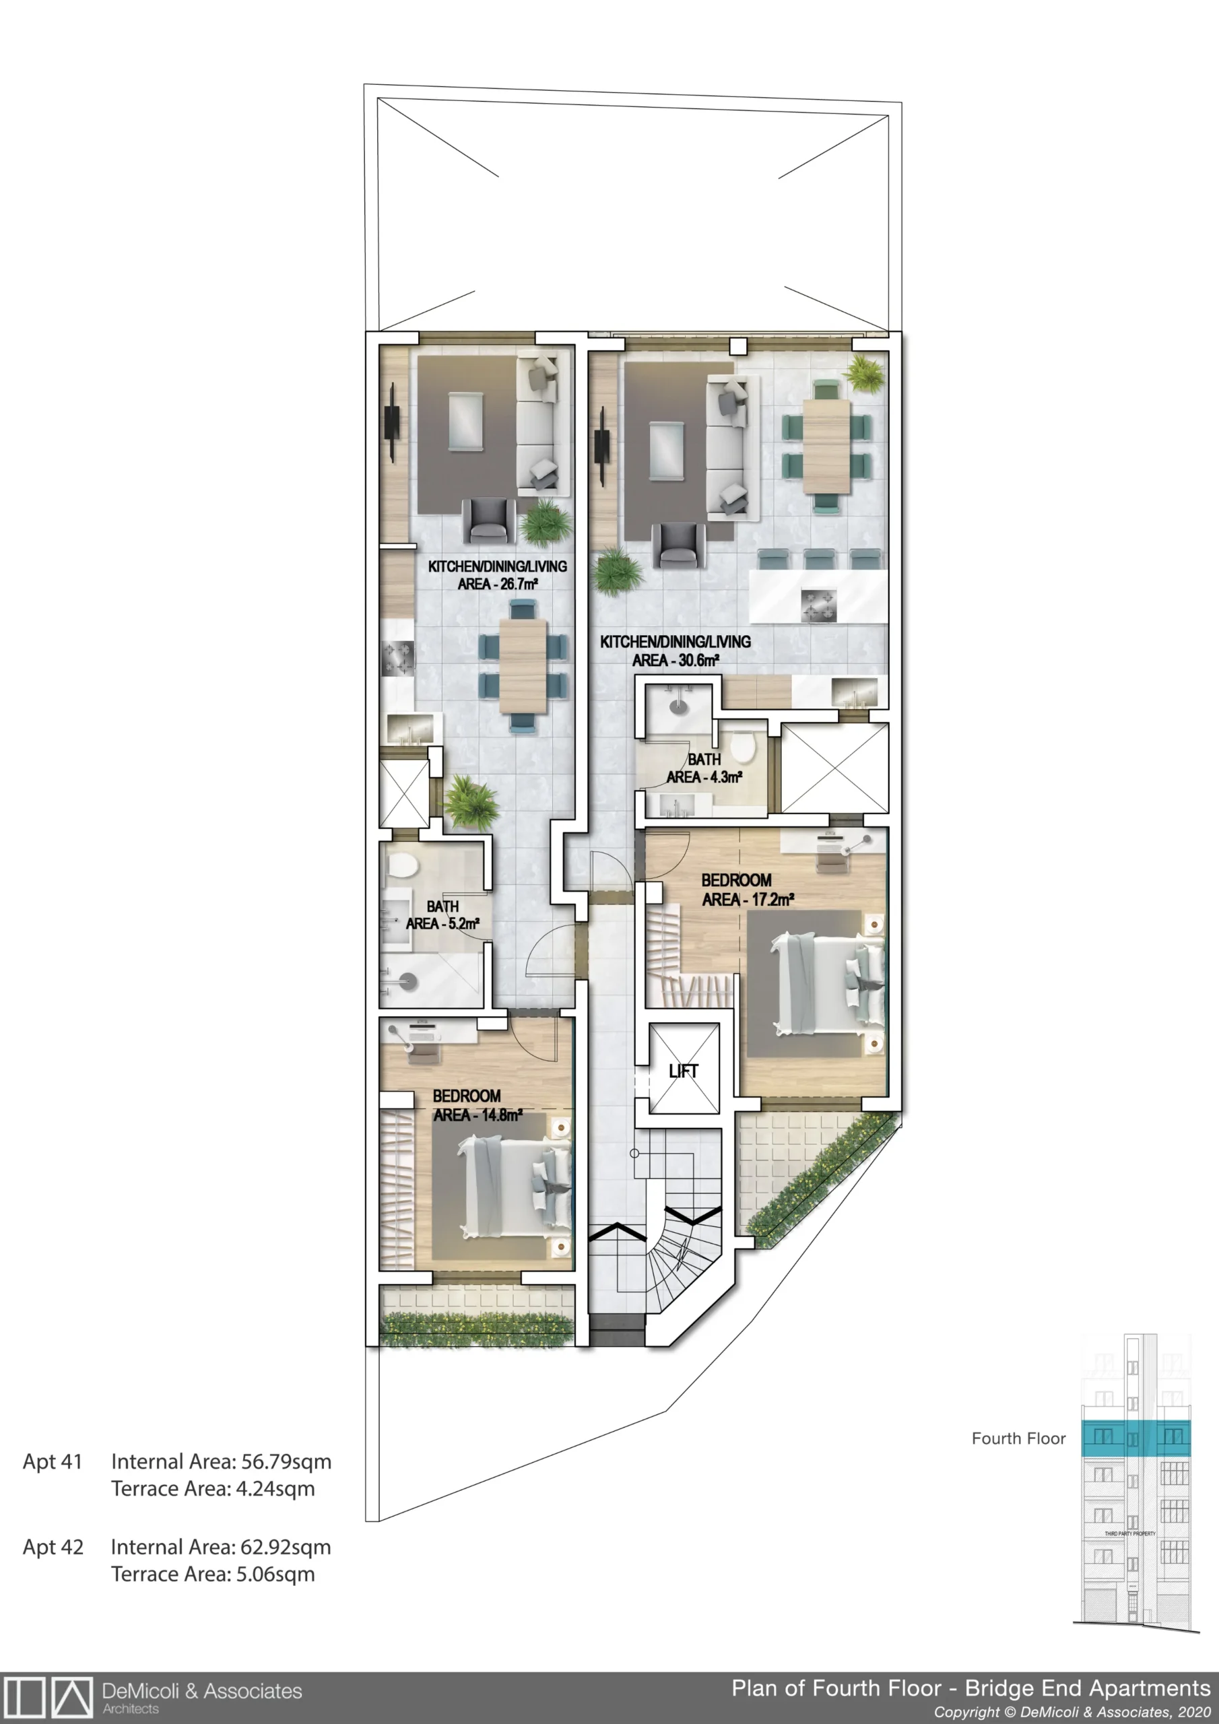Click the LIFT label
(x=684, y=1071)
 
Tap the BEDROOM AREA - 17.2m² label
(x=748, y=890)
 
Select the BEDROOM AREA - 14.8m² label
(x=477, y=1105)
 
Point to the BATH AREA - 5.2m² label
(x=442, y=915)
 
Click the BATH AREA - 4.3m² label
(x=704, y=768)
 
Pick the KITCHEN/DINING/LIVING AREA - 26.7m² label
(x=497, y=575)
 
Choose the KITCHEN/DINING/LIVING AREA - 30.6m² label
(x=676, y=651)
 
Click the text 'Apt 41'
(x=52, y=1461)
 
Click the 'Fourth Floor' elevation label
(x=1018, y=1438)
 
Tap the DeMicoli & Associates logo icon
(x=46, y=1696)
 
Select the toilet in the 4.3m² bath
(x=742, y=745)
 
